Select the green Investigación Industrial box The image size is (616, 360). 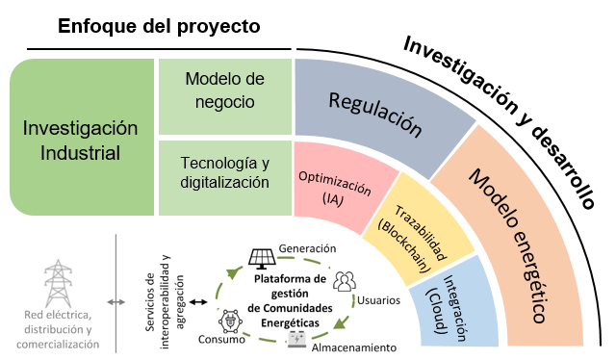pyautogui.click(x=81, y=140)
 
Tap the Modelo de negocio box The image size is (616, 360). pyautogui.click(x=224, y=90)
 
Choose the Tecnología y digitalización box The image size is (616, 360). pyautogui.click(x=224, y=171)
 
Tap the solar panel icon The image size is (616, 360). pyautogui.click(x=261, y=259)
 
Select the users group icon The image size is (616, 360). pyautogui.click(x=344, y=282)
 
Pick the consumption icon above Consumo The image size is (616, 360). pyautogui.click(x=231, y=321)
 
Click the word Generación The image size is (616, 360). pyautogui.click(x=307, y=247)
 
